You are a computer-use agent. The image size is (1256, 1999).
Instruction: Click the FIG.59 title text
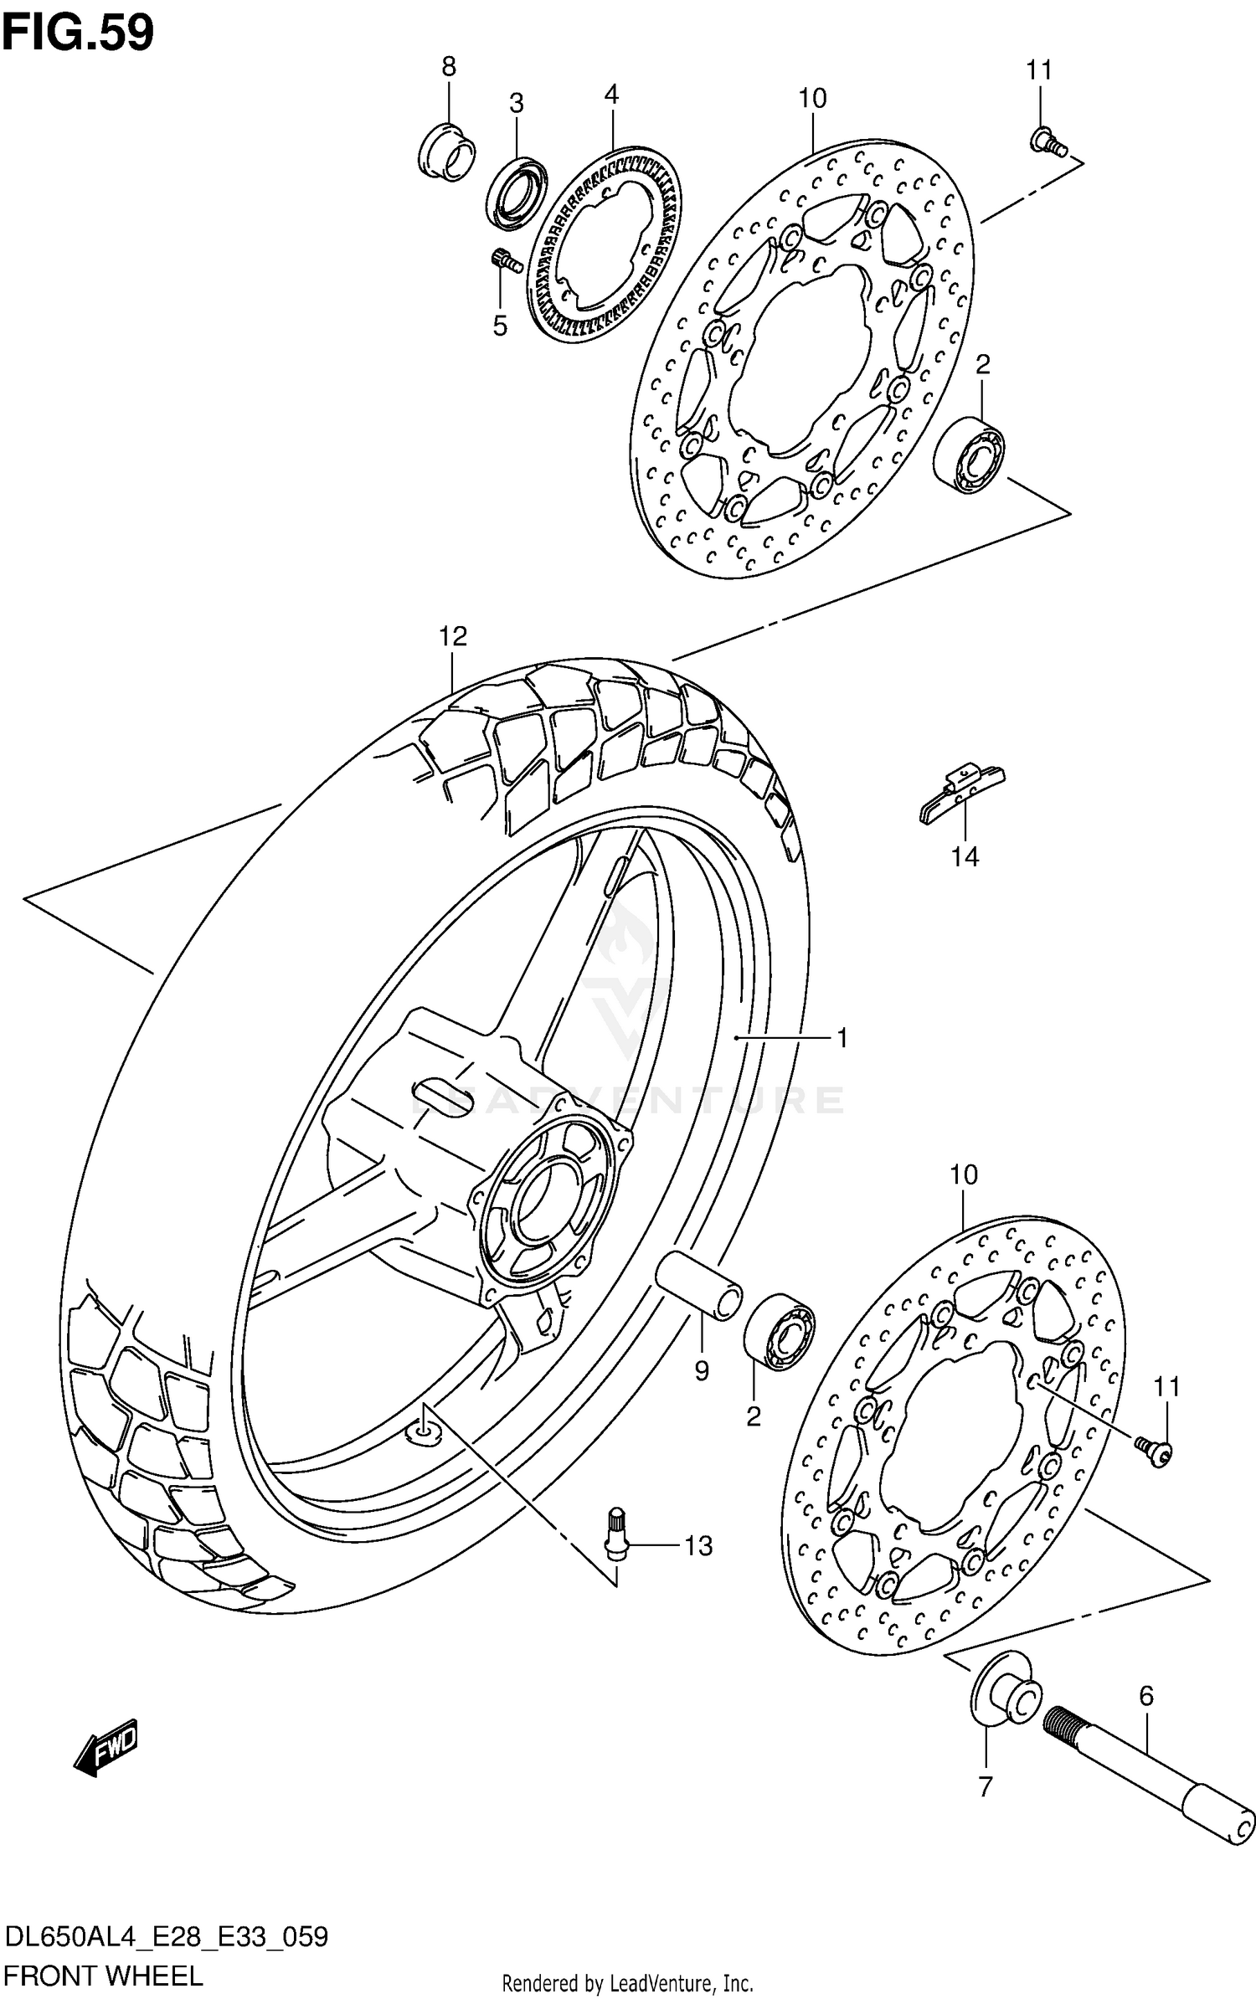click(78, 33)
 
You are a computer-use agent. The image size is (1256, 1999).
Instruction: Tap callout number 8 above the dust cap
click(449, 67)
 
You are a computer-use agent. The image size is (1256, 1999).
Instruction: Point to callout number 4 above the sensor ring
click(611, 95)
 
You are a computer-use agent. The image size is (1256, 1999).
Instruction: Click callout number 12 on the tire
click(453, 636)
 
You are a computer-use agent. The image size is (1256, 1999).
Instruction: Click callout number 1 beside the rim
click(842, 1038)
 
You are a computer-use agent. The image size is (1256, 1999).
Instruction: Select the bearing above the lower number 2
click(779, 1331)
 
